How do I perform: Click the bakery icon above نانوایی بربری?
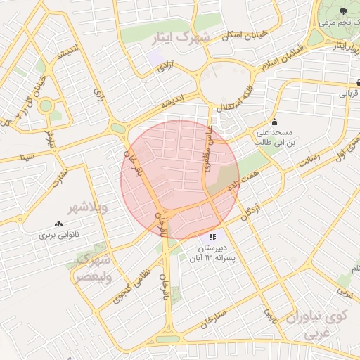[58, 224]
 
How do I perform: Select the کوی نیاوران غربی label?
[328, 325]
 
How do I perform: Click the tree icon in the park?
[343, 11]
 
